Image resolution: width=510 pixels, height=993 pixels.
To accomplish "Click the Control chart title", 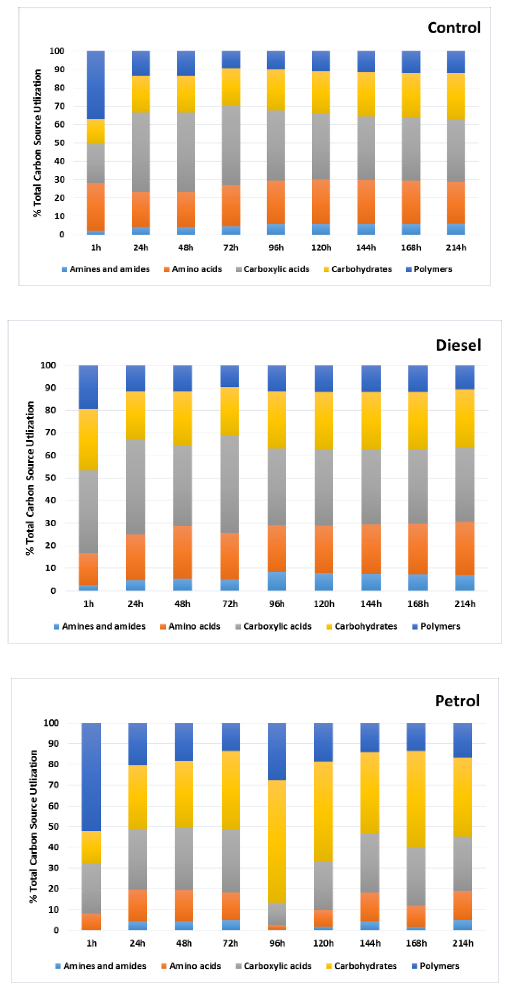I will [454, 28].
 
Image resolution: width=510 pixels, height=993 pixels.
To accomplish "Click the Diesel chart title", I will [458, 345].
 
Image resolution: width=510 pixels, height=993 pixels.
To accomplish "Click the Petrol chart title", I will [457, 700].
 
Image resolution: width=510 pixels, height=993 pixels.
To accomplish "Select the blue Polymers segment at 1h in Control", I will [96, 84].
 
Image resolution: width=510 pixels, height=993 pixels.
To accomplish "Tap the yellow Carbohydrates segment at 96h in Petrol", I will [277, 841].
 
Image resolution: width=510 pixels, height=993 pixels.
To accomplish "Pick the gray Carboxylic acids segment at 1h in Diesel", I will [88, 511].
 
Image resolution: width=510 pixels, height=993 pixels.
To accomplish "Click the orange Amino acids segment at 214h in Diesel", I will [464, 548].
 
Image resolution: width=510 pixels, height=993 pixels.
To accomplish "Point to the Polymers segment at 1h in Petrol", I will [92, 776].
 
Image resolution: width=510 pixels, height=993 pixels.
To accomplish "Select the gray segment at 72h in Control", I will [231, 145].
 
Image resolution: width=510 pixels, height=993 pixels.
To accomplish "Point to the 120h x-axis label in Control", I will [321, 247].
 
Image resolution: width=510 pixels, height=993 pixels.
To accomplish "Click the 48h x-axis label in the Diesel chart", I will [182, 604].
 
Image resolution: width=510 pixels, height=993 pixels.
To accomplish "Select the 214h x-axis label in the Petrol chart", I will [463, 943].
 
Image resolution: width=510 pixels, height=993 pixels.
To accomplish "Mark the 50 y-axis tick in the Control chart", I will [60, 143].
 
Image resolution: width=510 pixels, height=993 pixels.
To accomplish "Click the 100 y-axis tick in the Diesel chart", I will [48, 365].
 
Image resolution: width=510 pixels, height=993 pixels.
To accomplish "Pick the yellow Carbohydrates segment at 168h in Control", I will [411, 95].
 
